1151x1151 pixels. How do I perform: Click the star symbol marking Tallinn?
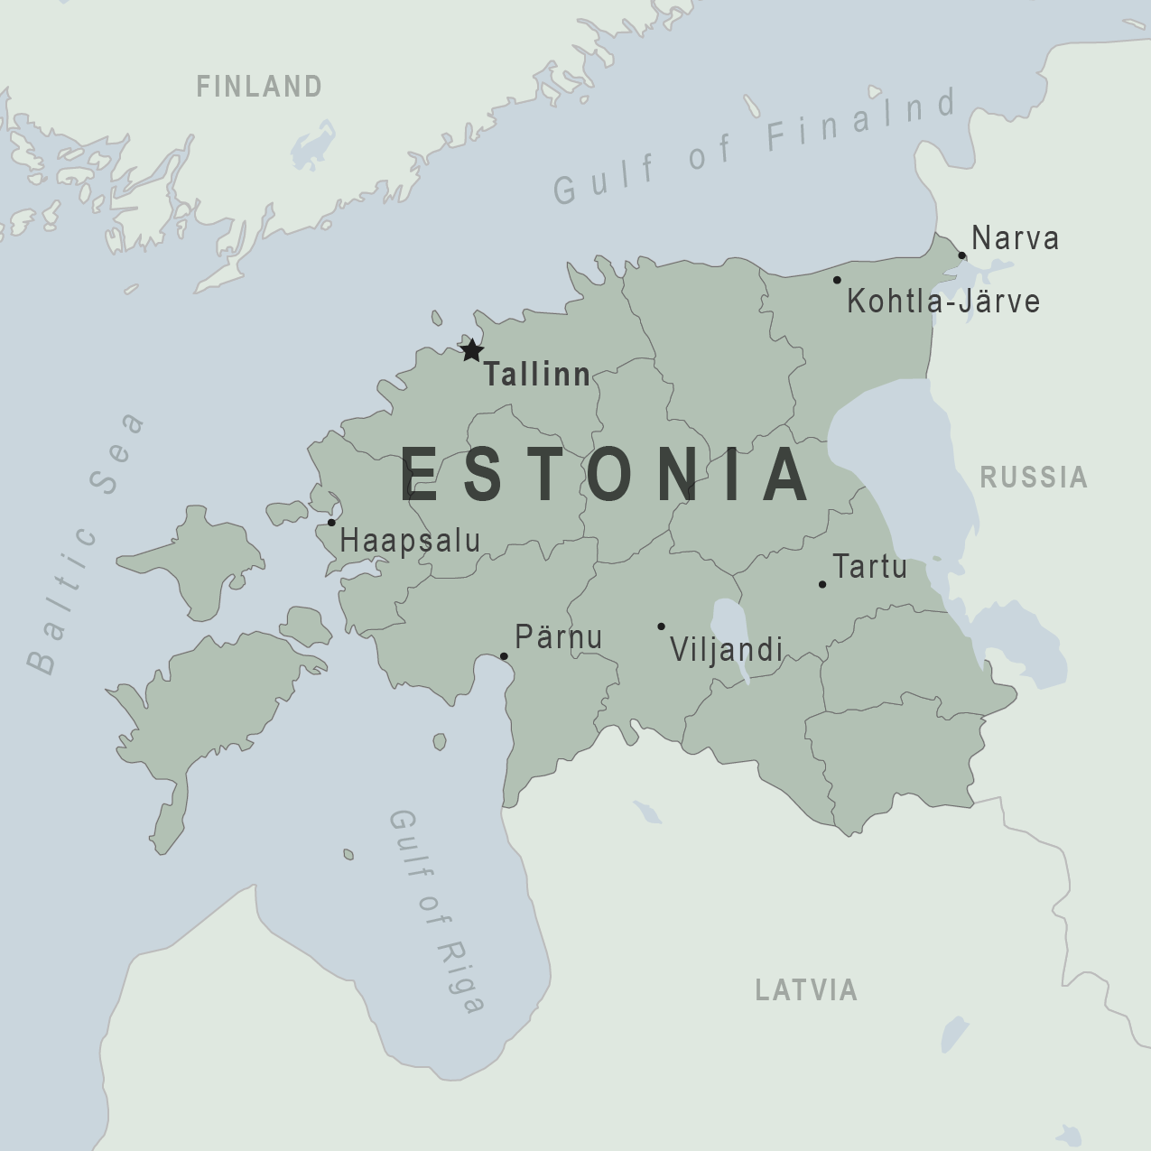471,350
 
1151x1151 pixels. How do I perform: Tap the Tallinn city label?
537,375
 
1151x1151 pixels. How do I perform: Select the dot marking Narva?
962,255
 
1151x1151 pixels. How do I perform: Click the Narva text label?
1016,239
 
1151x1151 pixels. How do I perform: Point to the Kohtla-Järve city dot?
837,280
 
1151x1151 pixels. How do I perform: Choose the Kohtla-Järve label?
942,302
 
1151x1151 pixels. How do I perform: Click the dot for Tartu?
822,584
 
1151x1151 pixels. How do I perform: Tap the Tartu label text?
869,567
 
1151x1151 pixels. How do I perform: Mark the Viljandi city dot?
661,627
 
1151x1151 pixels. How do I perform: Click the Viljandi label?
726,649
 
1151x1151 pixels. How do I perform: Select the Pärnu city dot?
504,656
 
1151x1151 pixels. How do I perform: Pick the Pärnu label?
558,637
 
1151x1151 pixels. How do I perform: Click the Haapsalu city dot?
331,523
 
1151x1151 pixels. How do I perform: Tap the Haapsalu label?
410,541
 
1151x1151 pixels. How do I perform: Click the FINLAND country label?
259,87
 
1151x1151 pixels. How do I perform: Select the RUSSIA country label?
1034,478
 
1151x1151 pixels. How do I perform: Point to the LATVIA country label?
806,990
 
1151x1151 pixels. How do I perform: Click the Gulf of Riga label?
438,912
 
